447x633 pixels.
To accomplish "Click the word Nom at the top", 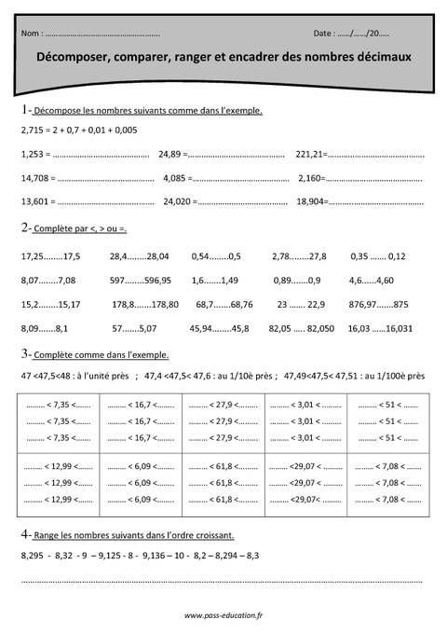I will click(28, 34).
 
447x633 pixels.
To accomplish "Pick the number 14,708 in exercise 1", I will click(34, 177).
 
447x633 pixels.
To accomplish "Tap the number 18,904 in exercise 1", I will click(310, 201).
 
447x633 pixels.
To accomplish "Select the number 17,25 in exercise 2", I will click(32, 255).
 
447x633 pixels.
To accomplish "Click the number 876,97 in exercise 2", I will click(363, 304).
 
